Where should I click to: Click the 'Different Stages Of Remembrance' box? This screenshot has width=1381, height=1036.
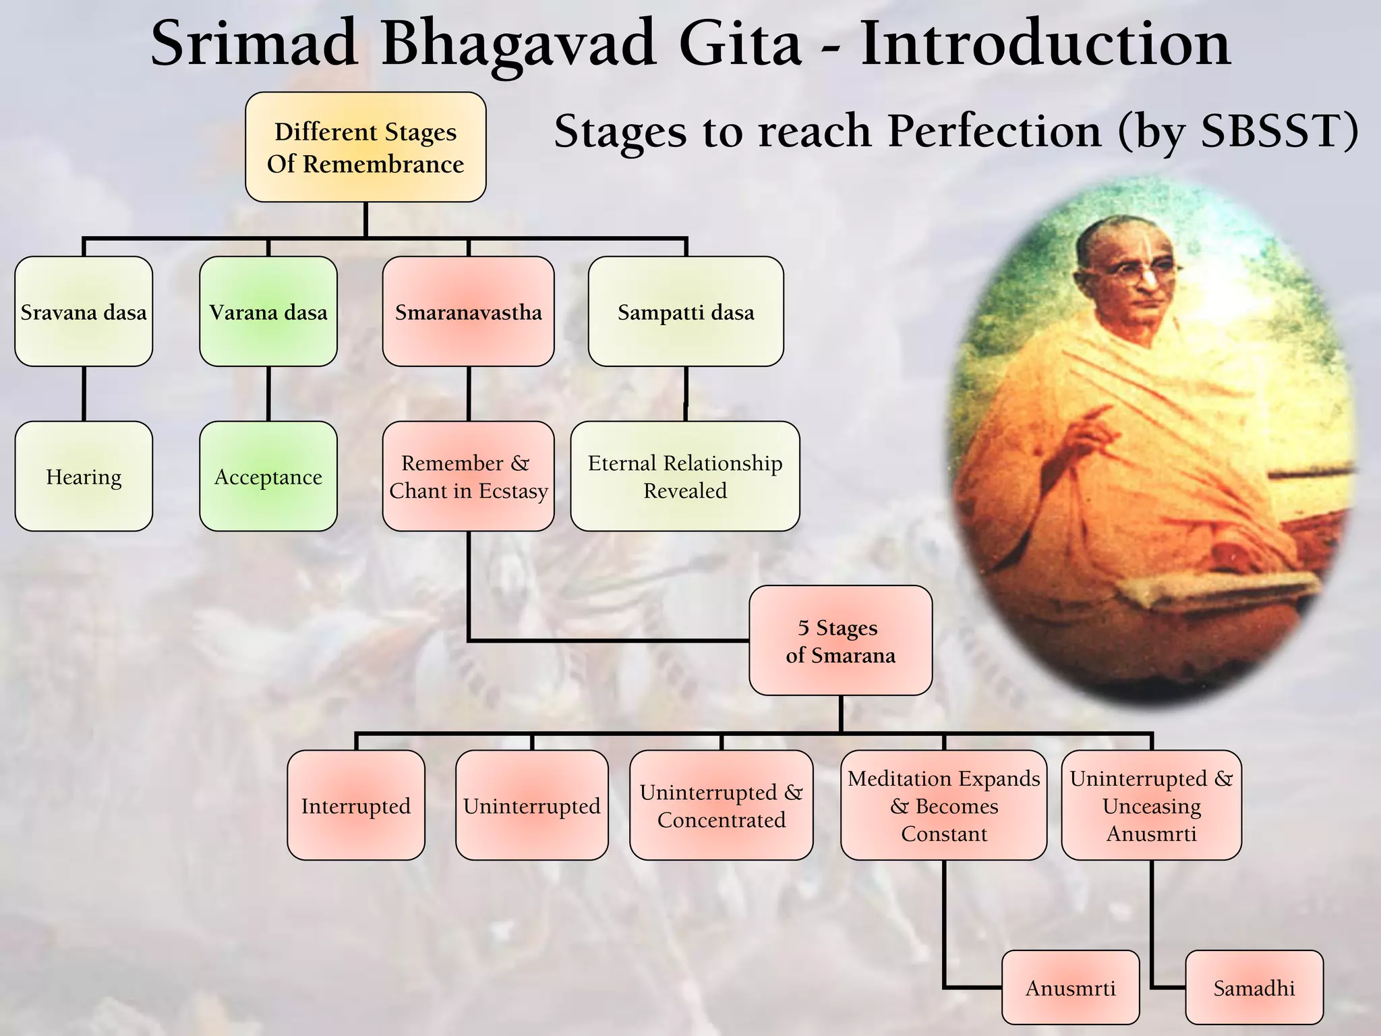pyautogui.click(x=365, y=147)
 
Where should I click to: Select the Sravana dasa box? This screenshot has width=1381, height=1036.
pyautogui.click(x=84, y=312)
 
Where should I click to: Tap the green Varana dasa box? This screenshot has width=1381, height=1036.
pyautogui.click(x=268, y=312)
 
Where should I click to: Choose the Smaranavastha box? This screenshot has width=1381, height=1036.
pyautogui.click(x=468, y=312)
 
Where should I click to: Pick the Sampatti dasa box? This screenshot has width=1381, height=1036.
pyautogui.click(x=686, y=312)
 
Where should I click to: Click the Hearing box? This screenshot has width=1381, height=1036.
pyautogui.click(x=84, y=476)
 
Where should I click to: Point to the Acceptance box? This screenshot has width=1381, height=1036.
pyautogui.click(x=268, y=476)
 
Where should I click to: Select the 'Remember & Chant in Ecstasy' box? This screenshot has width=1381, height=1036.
pyautogui.click(x=468, y=476)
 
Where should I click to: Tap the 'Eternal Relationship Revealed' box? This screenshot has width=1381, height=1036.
pyautogui.click(x=685, y=476)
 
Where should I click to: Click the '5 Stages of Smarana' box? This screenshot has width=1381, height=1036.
pyautogui.click(x=840, y=640)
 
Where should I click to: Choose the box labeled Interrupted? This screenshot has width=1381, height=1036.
pyautogui.click(x=356, y=805)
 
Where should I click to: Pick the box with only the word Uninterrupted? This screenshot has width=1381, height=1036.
pyautogui.click(x=531, y=805)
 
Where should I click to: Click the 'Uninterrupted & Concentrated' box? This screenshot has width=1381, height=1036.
pyautogui.click(x=721, y=805)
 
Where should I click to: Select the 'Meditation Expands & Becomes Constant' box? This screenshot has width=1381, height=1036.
pyautogui.click(x=943, y=805)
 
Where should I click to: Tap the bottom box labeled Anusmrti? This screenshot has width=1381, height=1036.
pyautogui.click(x=1070, y=987)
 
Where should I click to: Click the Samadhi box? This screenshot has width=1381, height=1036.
pyautogui.click(x=1254, y=987)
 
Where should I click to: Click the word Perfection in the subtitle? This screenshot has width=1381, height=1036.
pyautogui.click(x=994, y=131)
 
